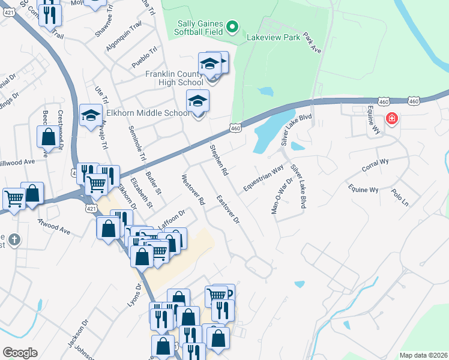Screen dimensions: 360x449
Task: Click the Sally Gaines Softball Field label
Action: pos(199,28)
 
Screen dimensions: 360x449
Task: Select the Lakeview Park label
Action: pos(273,37)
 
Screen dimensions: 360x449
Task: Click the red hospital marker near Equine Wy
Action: pos(392,119)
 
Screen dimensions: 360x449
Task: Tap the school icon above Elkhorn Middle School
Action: pos(197,102)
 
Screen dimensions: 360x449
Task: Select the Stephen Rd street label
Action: pos(218,160)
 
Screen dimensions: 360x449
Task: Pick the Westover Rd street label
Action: pos(193,190)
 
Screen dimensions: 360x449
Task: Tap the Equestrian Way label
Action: pos(263,179)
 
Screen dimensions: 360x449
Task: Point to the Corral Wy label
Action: pos(375,165)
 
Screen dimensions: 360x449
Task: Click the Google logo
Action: pos(20,353)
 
